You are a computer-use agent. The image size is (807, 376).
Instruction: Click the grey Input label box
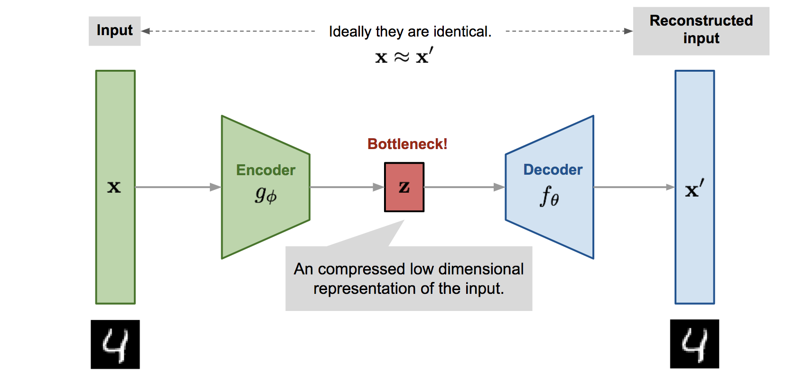tap(114, 31)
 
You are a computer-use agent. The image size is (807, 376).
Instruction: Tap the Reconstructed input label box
tap(701, 30)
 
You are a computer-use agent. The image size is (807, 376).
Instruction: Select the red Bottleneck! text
tap(407, 144)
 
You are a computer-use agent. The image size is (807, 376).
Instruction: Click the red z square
tap(404, 187)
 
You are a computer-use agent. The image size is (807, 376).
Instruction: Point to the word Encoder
tap(265, 170)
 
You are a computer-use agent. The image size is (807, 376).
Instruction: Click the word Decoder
tap(553, 169)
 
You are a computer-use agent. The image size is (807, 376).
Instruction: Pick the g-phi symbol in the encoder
tap(265, 195)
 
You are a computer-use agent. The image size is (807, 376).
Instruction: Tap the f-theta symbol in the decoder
tap(549, 196)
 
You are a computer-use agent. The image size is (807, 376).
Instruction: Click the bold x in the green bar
tap(114, 187)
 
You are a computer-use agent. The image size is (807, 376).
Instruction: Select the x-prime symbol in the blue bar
tap(694, 188)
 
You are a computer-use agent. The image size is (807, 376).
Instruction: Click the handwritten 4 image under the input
tap(115, 344)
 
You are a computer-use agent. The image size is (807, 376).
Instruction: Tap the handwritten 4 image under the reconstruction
tap(694, 344)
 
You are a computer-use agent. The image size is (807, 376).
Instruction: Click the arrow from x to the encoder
tap(178, 187)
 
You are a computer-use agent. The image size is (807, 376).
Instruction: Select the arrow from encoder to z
tap(347, 187)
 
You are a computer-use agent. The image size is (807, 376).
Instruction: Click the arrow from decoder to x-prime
tap(634, 187)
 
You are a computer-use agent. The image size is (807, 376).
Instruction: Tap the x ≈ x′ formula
tap(403, 56)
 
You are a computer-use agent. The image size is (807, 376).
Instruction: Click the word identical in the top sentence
tap(462, 31)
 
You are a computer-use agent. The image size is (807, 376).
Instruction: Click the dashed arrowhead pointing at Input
tap(146, 31)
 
